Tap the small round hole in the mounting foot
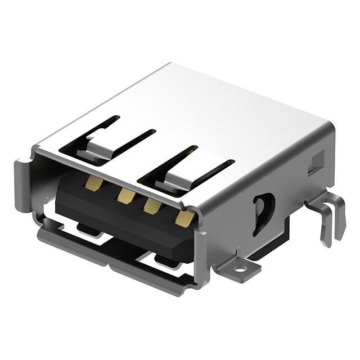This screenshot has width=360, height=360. [x=240, y=268]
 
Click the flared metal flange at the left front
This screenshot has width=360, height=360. [x=22, y=186]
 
